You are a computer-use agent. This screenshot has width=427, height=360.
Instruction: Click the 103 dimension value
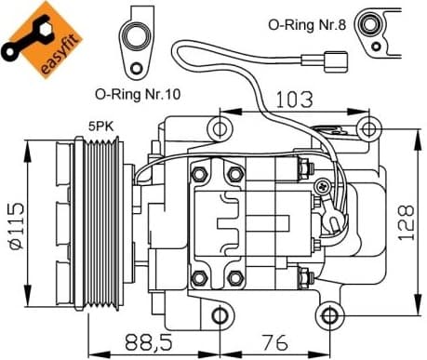pos(294,96)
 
